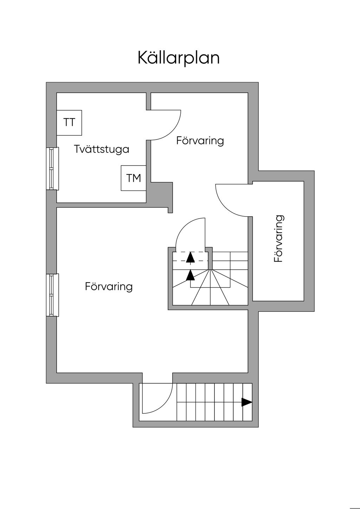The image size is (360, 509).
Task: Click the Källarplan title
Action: [179, 58]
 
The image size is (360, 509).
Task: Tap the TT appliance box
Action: [69, 123]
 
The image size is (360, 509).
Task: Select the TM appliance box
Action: [133, 178]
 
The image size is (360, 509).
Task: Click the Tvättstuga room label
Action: [102, 149]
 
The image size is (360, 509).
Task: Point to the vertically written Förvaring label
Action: [279, 239]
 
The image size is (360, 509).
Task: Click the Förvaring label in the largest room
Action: [109, 286]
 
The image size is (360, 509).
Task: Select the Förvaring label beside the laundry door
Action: [200, 141]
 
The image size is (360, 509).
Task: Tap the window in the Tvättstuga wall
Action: [53, 168]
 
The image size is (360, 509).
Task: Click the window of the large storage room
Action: [53, 295]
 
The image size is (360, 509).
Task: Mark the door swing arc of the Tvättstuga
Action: [172, 131]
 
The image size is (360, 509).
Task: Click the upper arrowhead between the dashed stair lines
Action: [190, 257]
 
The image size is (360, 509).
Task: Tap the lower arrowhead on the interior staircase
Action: [190, 275]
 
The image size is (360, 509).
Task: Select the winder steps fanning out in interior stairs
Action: [210, 287]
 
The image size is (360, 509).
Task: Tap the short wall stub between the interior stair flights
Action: [210, 258]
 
